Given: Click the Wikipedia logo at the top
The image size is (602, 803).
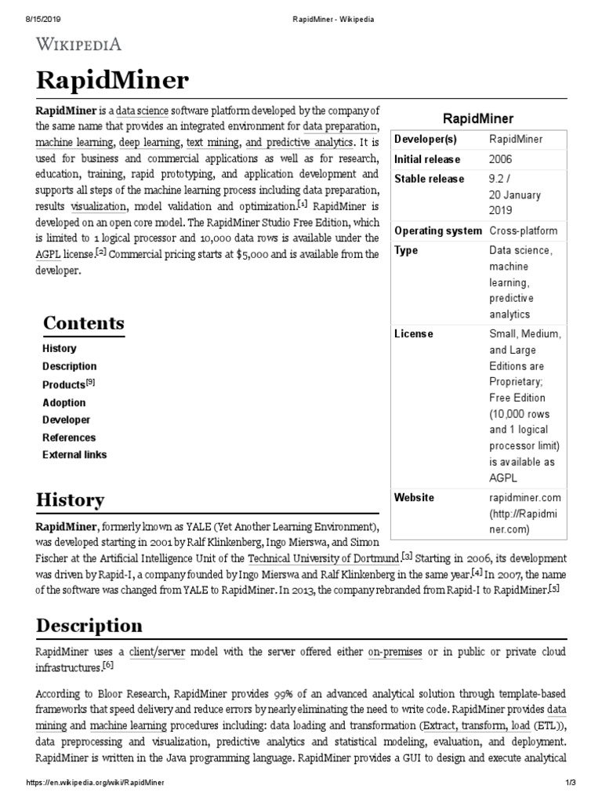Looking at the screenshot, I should pyautogui.click(x=77, y=44).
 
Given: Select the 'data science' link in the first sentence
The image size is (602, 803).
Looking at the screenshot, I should pyautogui.click(x=142, y=110).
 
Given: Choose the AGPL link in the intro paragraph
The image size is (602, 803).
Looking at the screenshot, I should pyautogui.click(x=47, y=253).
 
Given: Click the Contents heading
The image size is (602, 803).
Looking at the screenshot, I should pyautogui.click(x=83, y=323).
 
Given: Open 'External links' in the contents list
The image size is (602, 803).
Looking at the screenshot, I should pyautogui.click(x=74, y=455).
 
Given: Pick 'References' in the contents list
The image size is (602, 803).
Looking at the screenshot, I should pyautogui.click(x=69, y=438).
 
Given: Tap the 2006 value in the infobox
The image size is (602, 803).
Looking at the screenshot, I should pyautogui.click(x=502, y=158).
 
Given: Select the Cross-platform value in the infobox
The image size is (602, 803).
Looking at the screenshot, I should pyautogui.click(x=524, y=231).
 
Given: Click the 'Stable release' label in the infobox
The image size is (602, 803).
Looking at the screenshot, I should pyautogui.click(x=429, y=179).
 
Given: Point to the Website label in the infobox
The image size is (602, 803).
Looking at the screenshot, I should pyautogui.click(x=414, y=497).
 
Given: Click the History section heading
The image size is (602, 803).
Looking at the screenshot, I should pyautogui.click(x=69, y=500).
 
